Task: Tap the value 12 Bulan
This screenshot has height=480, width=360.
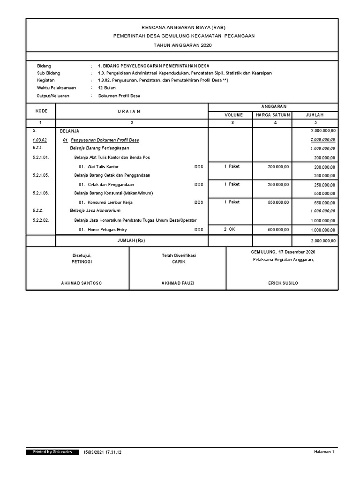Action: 107,88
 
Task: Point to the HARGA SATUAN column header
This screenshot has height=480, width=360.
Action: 273,115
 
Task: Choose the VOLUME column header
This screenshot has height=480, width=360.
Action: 233,115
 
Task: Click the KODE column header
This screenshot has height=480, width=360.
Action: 41,111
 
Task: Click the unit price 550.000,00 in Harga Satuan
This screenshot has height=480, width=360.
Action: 278,202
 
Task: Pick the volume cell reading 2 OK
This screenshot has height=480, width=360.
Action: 229,229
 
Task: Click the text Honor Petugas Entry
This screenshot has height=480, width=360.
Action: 107,230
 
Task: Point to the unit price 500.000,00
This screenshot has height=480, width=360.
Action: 278,229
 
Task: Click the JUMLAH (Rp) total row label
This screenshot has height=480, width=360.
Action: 131,240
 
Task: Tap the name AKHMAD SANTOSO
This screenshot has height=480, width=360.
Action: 82,284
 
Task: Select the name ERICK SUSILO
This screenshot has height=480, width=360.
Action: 283,284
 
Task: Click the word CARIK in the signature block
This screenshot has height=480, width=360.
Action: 179,262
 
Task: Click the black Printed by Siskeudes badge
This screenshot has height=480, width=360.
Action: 52,452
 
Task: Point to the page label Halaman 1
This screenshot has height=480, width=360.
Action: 324,452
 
